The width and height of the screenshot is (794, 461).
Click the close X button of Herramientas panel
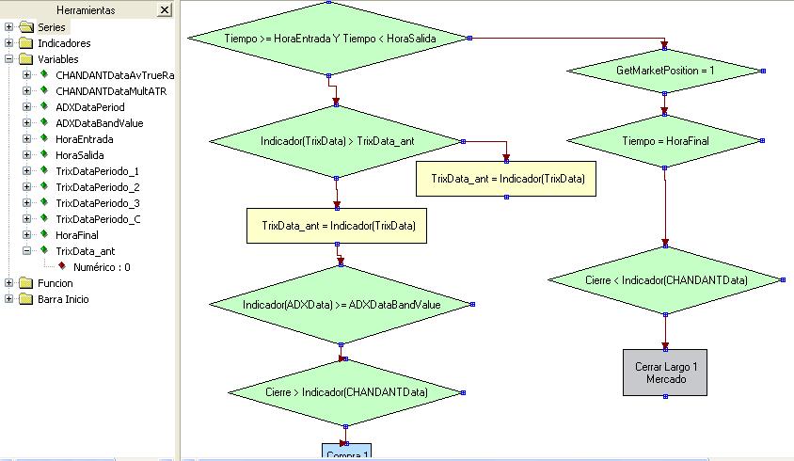click(x=165, y=9)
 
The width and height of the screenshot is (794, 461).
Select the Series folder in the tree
click(x=52, y=27)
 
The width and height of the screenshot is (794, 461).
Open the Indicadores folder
click(x=63, y=43)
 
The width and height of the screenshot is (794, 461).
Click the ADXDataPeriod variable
click(x=89, y=107)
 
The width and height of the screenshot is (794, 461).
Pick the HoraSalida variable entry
click(x=80, y=155)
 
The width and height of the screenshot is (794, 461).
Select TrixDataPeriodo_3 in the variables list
click(x=97, y=203)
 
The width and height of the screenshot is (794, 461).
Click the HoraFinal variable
click(x=77, y=235)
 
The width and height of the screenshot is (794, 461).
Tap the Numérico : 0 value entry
click(x=101, y=267)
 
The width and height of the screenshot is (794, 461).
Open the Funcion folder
click(x=55, y=283)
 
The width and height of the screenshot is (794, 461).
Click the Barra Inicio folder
click(x=63, y=299)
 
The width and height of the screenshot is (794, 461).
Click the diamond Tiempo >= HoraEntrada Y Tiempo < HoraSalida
click(x=327, y=39)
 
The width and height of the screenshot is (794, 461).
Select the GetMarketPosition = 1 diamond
click(x=665, y=71)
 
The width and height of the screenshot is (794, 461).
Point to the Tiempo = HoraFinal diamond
click(x=665, y=140)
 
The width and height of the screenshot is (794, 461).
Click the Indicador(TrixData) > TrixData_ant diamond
click(x=336, y=141)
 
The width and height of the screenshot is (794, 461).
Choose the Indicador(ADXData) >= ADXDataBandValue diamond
click(x=341, y=304)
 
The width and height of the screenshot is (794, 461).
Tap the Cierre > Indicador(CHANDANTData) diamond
click(x=345, y=391)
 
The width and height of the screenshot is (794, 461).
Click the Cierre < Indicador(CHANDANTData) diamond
click(x=665, y=279)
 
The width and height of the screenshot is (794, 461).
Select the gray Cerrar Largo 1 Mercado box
click(x=665, y=372)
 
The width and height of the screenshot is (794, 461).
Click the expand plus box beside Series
click(x=9, y=27)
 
